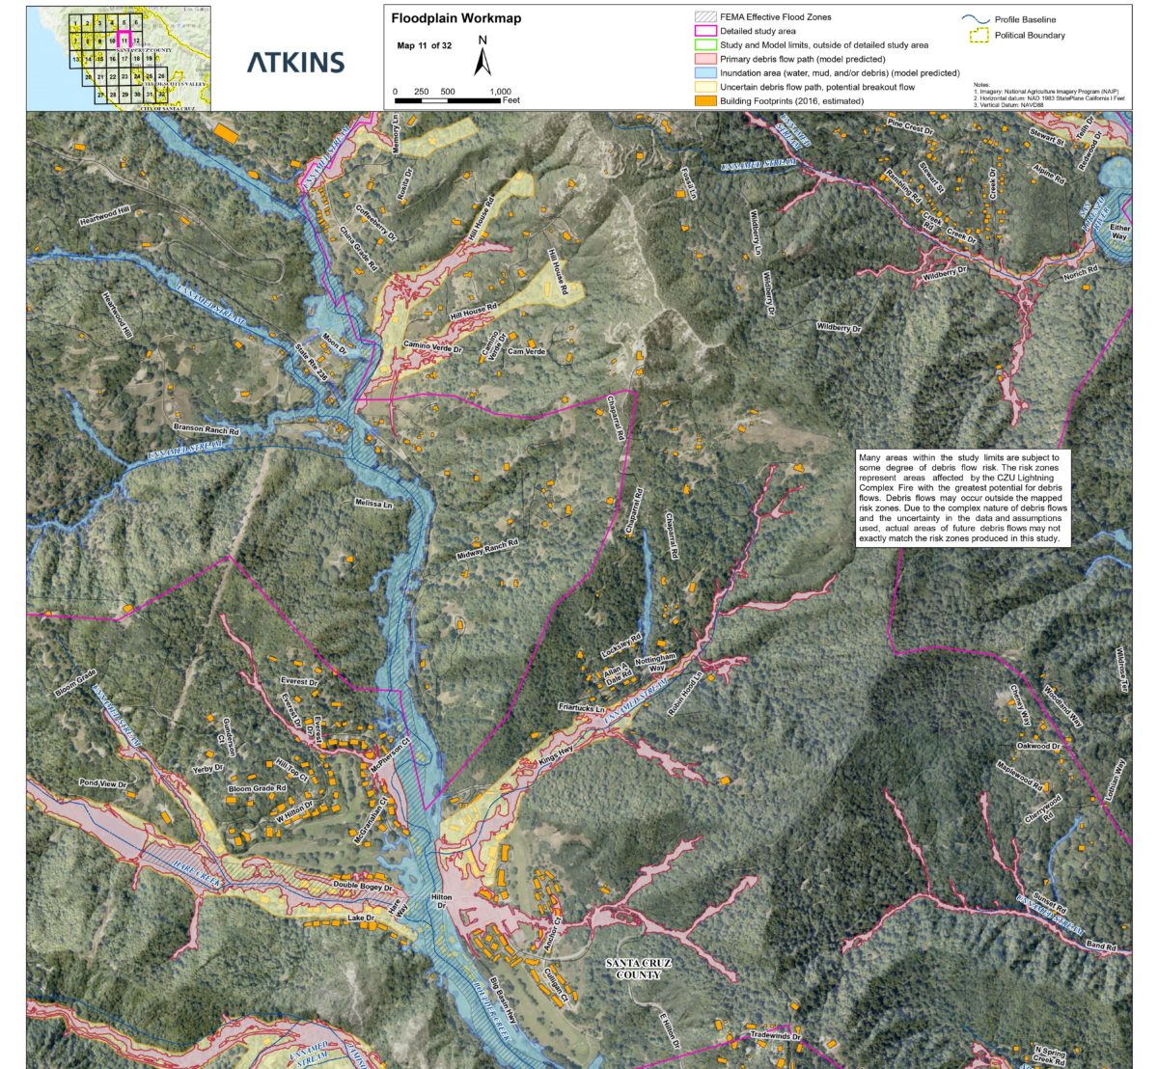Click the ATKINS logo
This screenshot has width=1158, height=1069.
[295, 62]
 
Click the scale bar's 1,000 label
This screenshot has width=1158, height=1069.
[500, 92]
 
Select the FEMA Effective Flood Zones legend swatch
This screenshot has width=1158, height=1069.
[705, 17]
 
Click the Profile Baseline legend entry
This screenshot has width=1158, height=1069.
[1025, 19]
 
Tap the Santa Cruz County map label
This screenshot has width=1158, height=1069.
[638, 969]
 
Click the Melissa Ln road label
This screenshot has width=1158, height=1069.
[373, 504]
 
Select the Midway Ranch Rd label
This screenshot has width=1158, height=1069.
[487, 551]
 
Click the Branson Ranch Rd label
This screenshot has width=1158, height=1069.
[207, 429]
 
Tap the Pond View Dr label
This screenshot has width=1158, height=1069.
[103, 784]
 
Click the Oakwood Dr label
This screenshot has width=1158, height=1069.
[1038, 746]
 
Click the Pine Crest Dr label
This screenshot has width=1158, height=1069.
[910, 127]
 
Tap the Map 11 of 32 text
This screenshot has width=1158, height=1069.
[424, 45]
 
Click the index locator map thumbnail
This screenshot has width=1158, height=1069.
[119, 59]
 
